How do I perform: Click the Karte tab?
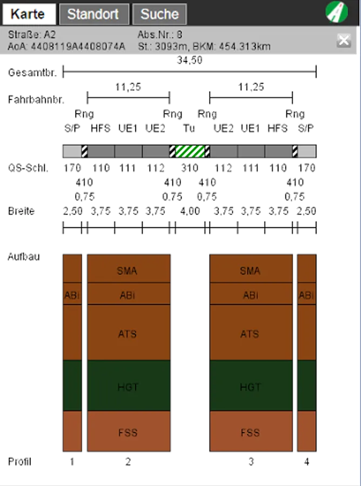coord(29,15)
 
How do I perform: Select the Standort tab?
coord(94,15)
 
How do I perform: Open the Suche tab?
coord(159,15)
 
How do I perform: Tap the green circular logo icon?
coord(337,12)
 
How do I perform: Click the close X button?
coord(344,40)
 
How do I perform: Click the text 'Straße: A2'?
coord(32,35)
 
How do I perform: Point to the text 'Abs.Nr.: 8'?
coord(160,35)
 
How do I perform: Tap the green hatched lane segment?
coord(190,151)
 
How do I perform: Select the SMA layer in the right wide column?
coord(250,271)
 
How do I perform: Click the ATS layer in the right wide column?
coord(250,334)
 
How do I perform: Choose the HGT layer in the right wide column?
coord(250,387)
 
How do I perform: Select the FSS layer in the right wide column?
coord(250,433)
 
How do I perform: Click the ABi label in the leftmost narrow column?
coord(72,295)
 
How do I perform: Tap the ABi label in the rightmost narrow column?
coord(306,295)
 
